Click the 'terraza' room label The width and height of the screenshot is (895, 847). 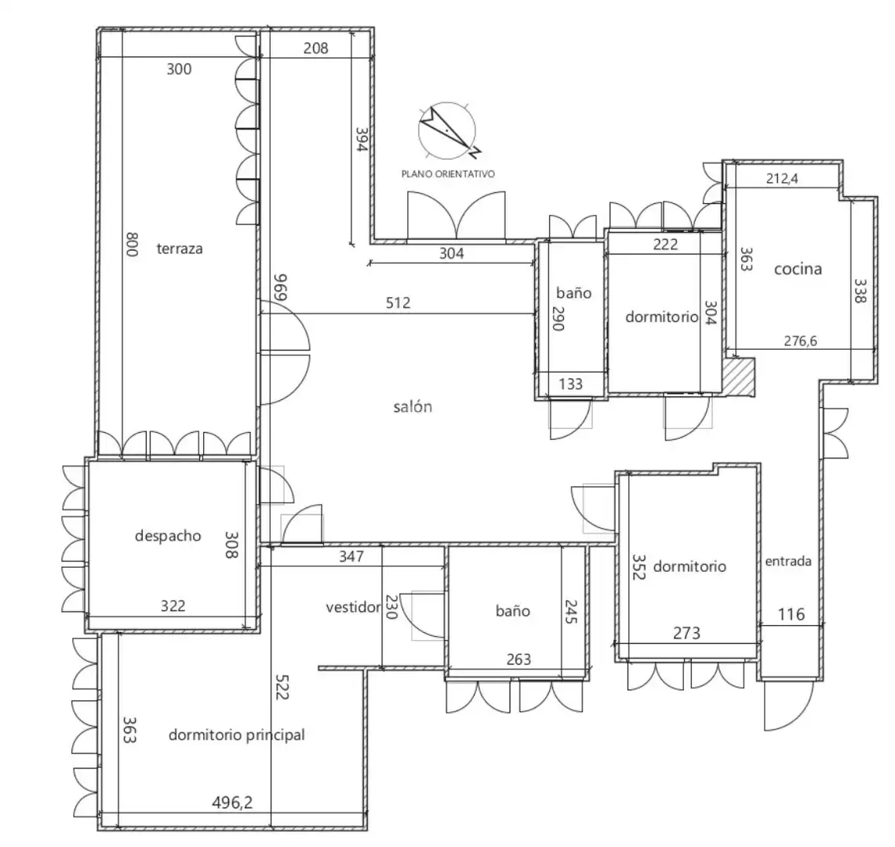pos(179,249)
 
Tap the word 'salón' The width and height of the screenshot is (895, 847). pos(413,407)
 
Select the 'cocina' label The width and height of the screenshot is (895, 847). pos(798,269)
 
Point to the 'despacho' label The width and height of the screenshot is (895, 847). pos(168,536)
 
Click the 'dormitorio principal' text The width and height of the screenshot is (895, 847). pos(236,735)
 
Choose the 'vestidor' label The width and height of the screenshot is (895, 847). pos(353,607)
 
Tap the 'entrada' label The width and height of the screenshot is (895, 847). pos(788,562)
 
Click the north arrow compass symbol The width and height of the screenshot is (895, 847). pos(447,131)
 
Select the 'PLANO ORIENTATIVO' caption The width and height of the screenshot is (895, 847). pos(448,174)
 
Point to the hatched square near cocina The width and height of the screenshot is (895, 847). pos(740,376)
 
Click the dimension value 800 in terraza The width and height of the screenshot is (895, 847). pos(132,245)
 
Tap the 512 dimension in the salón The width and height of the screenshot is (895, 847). pos(398,303)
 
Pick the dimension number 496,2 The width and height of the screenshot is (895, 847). pos(232,803)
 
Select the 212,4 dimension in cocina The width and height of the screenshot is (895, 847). pos(782,179)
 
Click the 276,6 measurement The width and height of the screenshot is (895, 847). pos(800,341)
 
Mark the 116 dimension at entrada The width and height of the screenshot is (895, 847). pos(791,615)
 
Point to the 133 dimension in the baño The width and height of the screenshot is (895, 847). pos(570,384)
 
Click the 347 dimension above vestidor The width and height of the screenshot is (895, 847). pos(351,557)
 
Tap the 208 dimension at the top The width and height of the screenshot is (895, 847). pos(315,48)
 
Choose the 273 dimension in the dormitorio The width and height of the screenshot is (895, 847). pos(686,634)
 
